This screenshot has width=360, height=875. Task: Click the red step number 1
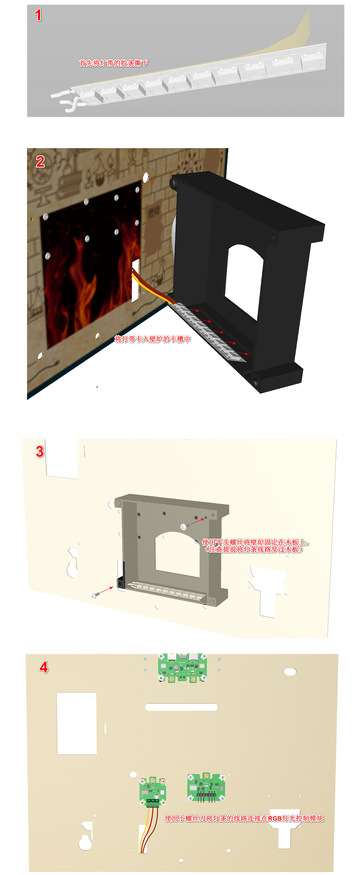[x=38, y=15]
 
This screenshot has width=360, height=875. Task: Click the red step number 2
[x=40, y=162]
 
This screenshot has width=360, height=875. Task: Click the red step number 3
[x=40, y=452]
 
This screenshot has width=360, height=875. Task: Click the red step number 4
[x=44, y=667]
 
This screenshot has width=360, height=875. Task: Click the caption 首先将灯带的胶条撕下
[x=113, y=63]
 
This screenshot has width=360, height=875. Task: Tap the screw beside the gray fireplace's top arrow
[x=183, y=527]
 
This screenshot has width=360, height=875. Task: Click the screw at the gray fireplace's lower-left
[x=94, y=595]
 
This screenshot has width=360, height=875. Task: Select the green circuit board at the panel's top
[x=182, y=667]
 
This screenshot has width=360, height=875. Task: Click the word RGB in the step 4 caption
[x=275, y=819]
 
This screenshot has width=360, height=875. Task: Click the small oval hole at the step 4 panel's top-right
[x=290, y=672]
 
